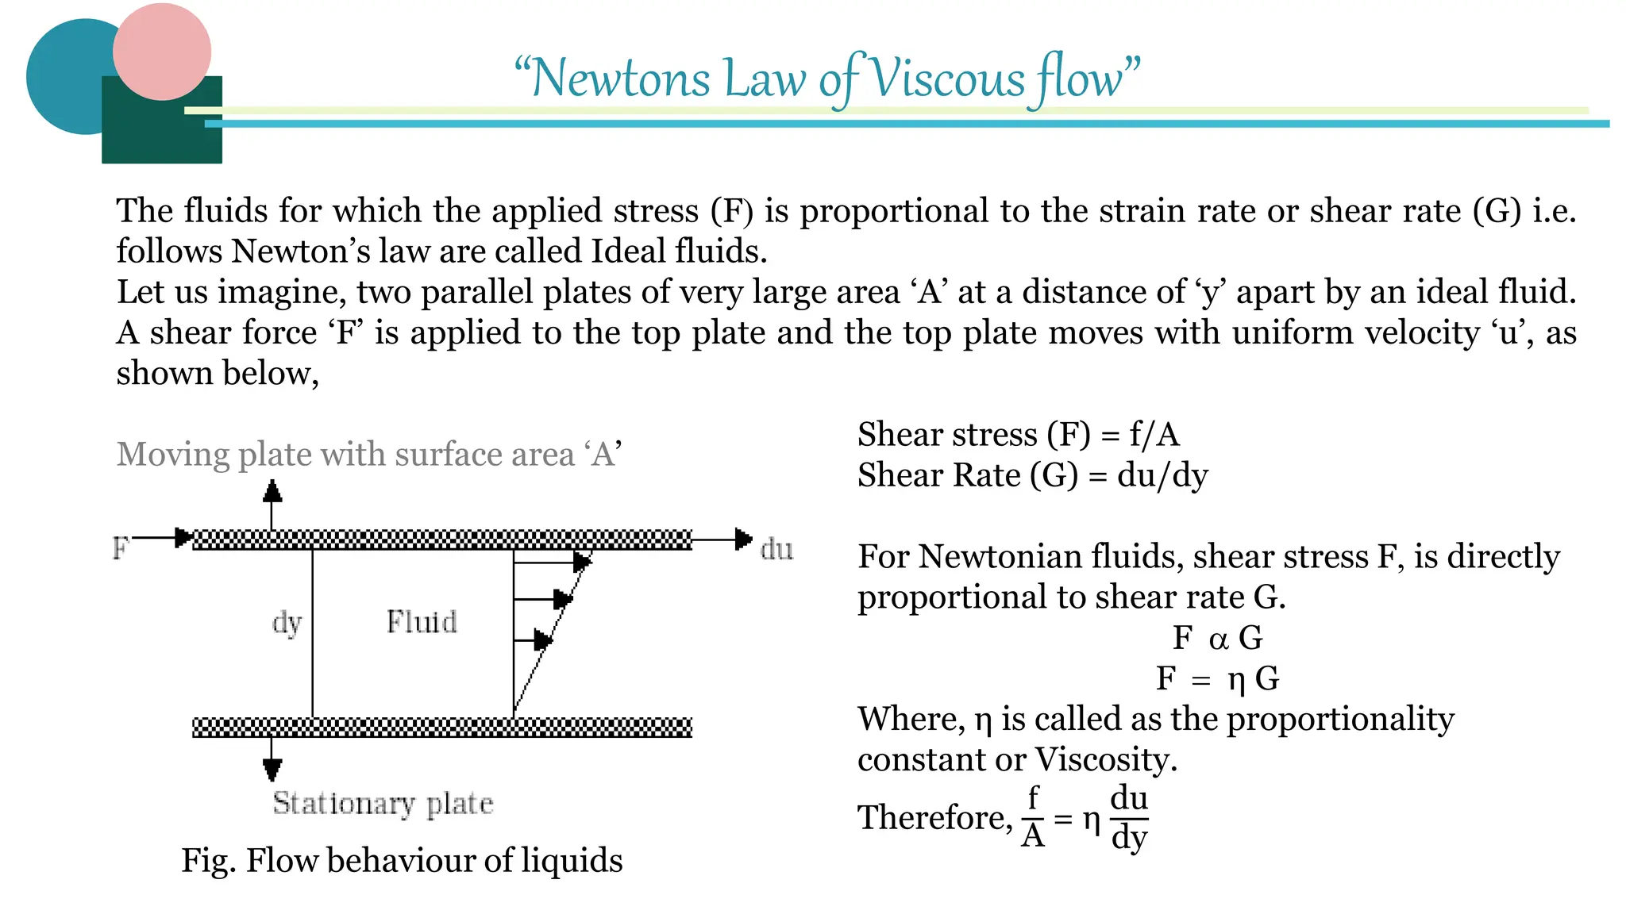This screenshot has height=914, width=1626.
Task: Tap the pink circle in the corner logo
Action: pyautogui.click(x=162, y=51)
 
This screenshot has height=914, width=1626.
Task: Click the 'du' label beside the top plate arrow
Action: pyautogui.click(x=776, y=549)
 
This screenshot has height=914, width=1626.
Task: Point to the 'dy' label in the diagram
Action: pyautogui.click(x=287, y=624)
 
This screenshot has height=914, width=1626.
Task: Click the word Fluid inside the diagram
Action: pyautogui.click(x=422, y=622)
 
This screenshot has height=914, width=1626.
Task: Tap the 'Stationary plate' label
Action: pyautogui.click(x=383, y=804)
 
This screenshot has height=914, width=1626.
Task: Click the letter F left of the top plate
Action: pyautogui.click(x=121, y=547)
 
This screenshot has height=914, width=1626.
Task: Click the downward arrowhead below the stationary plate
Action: pyautogui.click(x=272, y=768)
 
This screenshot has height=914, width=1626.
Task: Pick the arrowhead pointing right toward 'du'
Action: pyautogui.click(x=743, y=540)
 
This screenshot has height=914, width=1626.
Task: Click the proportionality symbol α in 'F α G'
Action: pyautogui.click(x=1218, y=639)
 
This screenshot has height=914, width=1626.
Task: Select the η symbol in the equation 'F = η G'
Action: pyautogui.click(x=1236, y=680)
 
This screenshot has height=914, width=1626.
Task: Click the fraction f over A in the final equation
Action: pyautogui.click(x=1032, y=817)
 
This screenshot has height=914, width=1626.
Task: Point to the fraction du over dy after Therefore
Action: pyautogui.click(x=1129, y=817)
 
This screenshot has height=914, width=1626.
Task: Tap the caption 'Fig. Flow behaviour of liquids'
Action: pyautogui.click(x=402, y=860)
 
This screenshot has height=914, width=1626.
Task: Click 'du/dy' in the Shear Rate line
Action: pyautogui.click(x=1162, y=475)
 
